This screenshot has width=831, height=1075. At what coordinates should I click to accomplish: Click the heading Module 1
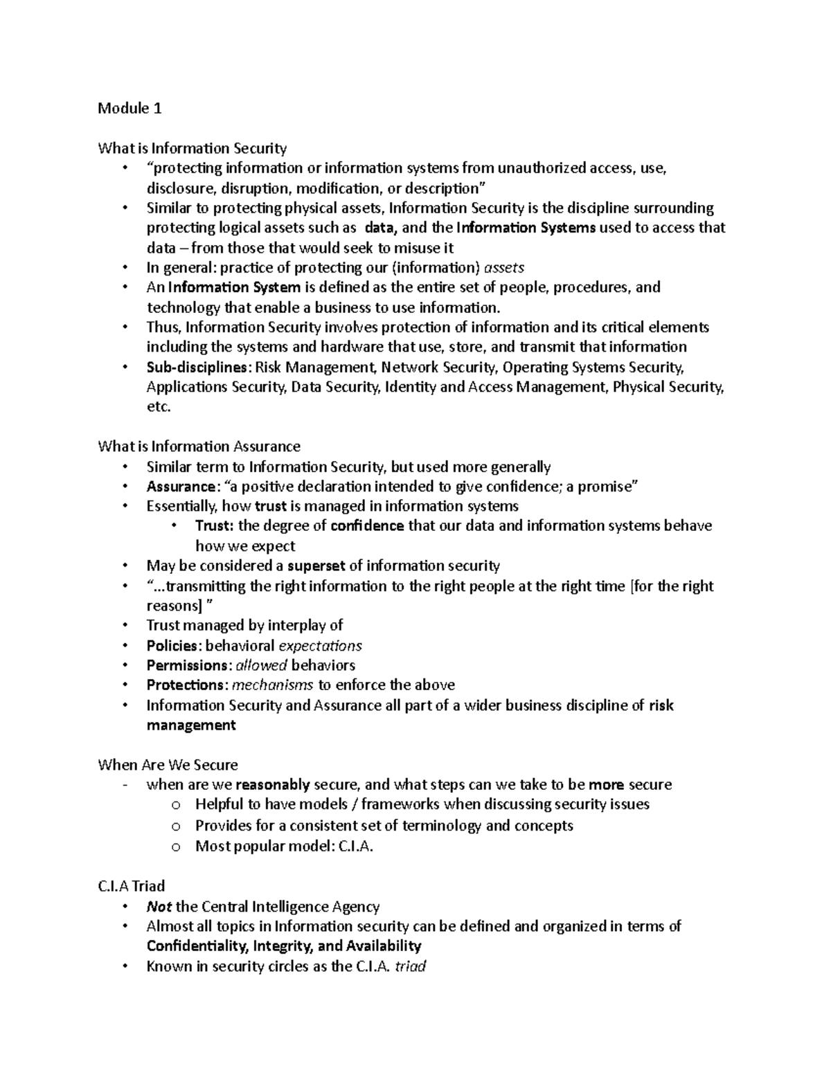point(129,109)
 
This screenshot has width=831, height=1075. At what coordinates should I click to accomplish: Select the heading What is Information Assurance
point(199,446)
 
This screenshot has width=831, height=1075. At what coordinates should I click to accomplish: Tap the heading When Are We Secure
point(168,765)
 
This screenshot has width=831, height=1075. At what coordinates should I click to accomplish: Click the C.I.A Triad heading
point(132,886)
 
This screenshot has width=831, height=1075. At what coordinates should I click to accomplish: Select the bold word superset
point(316,566)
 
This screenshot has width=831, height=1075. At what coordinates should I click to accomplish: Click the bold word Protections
point(184,685)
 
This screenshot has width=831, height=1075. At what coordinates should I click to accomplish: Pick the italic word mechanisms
point(273,685)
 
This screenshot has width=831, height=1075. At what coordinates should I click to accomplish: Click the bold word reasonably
point(272,785)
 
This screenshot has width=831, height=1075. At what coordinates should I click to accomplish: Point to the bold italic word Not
point(159,907)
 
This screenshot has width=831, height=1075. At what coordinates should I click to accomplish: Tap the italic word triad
point(409,966)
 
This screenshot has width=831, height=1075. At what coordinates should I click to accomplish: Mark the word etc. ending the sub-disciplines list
point(158,407)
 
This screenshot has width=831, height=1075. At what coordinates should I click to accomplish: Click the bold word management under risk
point(191,725)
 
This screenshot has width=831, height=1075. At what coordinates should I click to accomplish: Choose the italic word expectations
point(320,646)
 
